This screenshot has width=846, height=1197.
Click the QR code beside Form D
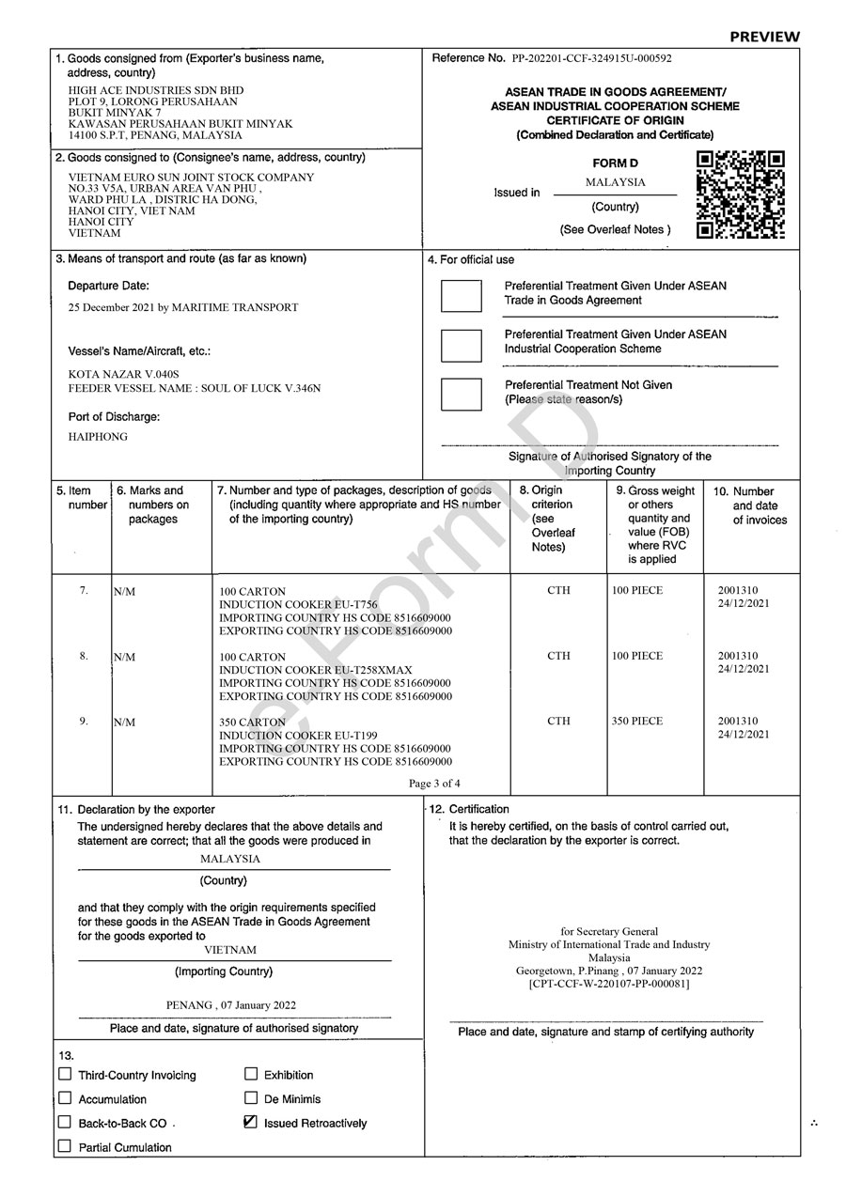pos(740,194)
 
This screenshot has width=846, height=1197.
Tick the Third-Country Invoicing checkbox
pos(65,1074)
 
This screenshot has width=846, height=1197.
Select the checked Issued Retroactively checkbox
pos(251,1122)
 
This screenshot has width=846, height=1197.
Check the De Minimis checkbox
pos(251,1097)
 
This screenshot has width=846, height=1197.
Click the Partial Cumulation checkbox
pos(65,1146)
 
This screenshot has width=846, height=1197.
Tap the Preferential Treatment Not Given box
pos(461,393)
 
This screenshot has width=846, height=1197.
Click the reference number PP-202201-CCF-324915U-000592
pos(592,58)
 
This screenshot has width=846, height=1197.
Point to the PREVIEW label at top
pos(764,37)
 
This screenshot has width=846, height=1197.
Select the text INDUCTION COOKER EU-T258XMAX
pos(315,670)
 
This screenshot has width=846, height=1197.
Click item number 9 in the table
pos(84,722)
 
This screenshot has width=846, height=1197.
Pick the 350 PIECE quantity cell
pos(637,722)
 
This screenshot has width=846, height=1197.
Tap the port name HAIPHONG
pos(98,437)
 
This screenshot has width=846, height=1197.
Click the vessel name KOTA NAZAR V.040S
pos(123,374)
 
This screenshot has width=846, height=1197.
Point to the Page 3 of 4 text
pos(434,783)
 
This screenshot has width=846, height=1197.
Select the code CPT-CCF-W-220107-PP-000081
pos(609,984)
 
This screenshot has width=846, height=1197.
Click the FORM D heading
pos(615,163)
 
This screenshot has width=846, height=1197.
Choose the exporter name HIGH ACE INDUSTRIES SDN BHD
pos(149,90)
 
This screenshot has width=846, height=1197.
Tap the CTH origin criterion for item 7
pos(558,591)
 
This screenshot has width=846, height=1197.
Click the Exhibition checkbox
pos(251,1074)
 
